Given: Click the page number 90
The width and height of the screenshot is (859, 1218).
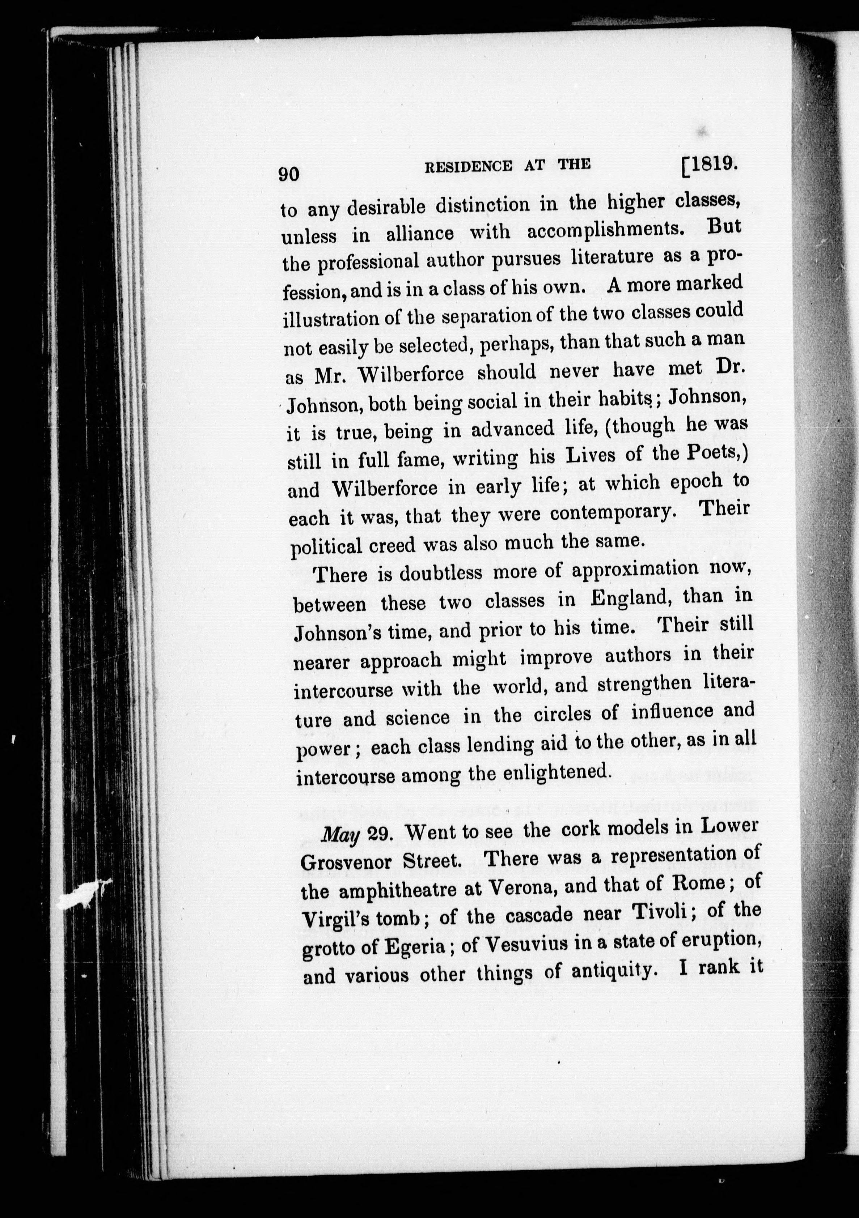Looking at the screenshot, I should point(289,174).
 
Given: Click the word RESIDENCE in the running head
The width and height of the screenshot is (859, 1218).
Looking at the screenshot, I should point(469,167).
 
